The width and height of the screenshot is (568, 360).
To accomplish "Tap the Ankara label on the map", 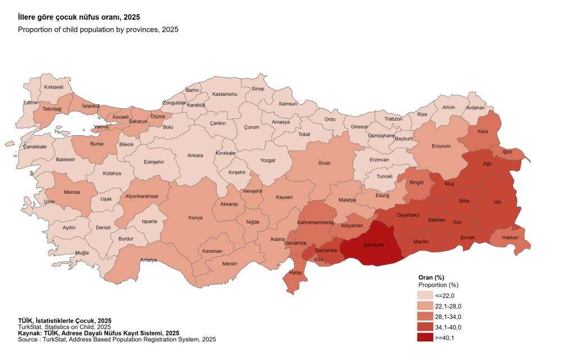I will [195, 155].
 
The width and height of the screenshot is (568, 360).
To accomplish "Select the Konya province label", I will [195, 217].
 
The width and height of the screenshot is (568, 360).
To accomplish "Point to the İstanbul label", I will [91, 105].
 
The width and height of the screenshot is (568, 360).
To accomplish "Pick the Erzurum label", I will [441, 146].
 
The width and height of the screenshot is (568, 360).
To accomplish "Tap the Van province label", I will [497, 202].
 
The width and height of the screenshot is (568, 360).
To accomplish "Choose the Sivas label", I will [324, 163].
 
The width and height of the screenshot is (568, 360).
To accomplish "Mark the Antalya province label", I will [148, 260].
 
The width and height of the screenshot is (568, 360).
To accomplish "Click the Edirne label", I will [30, 103].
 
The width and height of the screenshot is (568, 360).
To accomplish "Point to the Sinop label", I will [258, 89].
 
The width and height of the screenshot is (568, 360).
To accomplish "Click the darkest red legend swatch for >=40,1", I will [425, 337].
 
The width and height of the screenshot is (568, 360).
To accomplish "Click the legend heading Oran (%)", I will [432, 278].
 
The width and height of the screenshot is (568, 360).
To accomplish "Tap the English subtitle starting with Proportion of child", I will [98, 29].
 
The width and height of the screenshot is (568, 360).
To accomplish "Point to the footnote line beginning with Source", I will [117, 339].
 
